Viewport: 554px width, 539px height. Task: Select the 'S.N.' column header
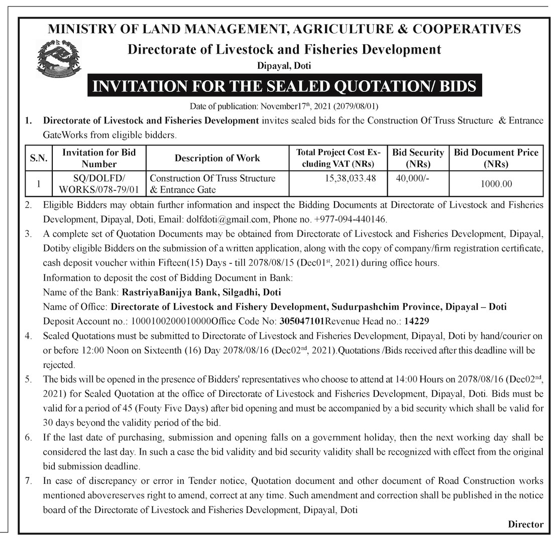pyautogui.click(x=38, y=158)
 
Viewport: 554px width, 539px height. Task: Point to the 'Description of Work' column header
pyautogui.click(x=217, y=158)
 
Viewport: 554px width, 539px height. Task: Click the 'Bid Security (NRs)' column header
pyautogui.click(x=418, y=158)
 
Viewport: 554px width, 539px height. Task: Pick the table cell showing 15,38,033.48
pyautogui.click(x=351, y=178)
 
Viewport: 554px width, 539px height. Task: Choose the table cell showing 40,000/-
pyautogui.click(x=411, y=178)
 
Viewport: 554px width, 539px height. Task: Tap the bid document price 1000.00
pyautogui.click(x=496, y=184)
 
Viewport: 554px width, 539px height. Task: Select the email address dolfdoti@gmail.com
pyautogui.click(x=229, y=220)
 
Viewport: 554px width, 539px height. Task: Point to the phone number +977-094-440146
pyautogui.click(x=351, y=220)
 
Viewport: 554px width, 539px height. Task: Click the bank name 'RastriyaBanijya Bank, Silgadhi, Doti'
pyautogui.click(x=199, y=292)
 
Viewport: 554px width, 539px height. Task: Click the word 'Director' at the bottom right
pyautogui.click(x=525, y=524)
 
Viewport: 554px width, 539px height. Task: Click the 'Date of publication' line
pyautogui.click(x=284, y=106)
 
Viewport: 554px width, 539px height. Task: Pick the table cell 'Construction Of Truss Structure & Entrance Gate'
pyautogui.click(x=213, y=184)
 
